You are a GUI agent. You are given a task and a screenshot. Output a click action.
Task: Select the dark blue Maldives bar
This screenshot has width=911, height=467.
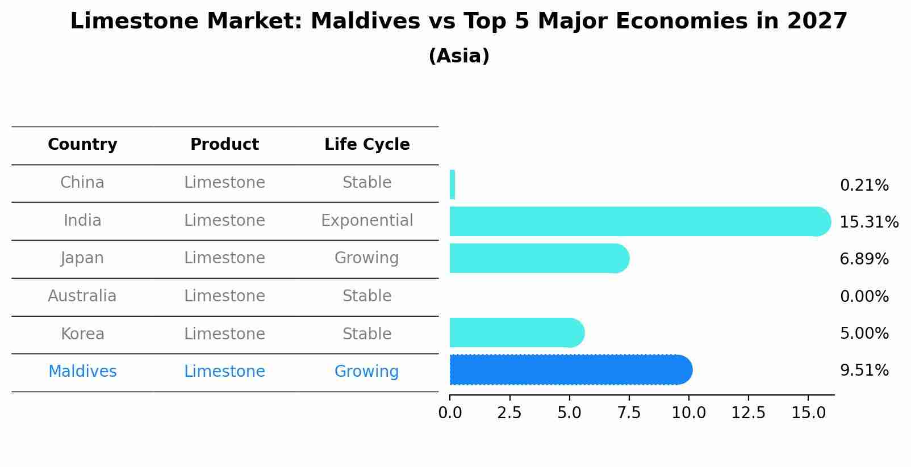pyautogui.click(x=568, y=370)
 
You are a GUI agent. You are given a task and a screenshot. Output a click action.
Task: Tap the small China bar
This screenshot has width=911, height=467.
pyautogui.click(x=452, y=184)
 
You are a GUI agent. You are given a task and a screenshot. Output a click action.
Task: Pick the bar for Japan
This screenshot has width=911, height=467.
pyautogui.click(x=537, y=258)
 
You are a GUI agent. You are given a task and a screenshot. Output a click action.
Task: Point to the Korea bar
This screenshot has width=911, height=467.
pyautogui.click(x=514, y=333)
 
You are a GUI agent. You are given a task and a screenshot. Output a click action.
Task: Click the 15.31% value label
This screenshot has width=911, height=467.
pyautogui.click(x=868, y=222)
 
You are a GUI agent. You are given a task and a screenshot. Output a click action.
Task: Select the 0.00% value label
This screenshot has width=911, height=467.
pyautogui.click(x=864, y=297)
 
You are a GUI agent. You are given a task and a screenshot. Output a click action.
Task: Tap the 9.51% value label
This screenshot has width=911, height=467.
pyautogui.click(x=864, y=371)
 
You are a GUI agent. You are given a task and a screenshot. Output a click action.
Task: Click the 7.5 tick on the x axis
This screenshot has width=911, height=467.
pyautogui.click(x=629, y=413)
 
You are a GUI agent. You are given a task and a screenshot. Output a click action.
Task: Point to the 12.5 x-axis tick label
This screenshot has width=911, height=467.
pyautogui.click(x=748, y=413)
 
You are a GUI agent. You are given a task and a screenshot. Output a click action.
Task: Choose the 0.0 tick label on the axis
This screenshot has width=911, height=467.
pyautogui.click(x=450, y=413)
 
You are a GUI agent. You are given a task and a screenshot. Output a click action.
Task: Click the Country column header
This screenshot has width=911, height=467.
pyautogui.click(x=82, y=145)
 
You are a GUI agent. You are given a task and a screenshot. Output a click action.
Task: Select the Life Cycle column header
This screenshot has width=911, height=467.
pyautogui.click(x=367, y=145)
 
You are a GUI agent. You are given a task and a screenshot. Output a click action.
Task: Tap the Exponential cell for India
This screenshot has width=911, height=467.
pyautogui.click(x=367, y=221)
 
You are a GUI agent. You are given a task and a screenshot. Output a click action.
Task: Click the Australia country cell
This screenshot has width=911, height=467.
pyautogui.click(x=82, y=296)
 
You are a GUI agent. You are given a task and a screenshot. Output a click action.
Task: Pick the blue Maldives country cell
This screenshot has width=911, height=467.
pyautogui.click(x=82, y=372)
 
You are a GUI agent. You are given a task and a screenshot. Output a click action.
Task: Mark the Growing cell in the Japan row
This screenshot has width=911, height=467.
pyautogui.click(x=367, y=258)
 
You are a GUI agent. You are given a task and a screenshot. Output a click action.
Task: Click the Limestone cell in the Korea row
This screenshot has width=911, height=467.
pyautogui.click(x=224, y=334)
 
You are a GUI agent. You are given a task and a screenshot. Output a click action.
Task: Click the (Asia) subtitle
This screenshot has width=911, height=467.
pyautogui.click(x=459, y=56)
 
